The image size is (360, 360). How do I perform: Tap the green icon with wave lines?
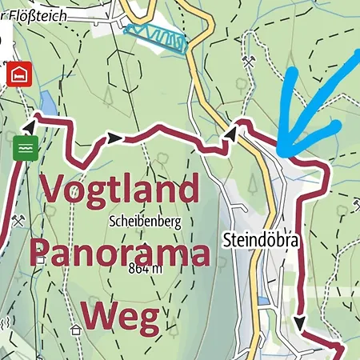[25, 149]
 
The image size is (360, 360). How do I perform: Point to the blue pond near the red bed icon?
[48, 102]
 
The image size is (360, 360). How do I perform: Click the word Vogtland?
[119, 190]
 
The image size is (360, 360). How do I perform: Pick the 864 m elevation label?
[144, 270]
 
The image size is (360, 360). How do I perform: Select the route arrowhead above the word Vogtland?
[115, 138]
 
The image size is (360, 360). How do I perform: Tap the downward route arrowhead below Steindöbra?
[299, 323]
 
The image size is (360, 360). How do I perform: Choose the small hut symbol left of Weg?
[76, 329]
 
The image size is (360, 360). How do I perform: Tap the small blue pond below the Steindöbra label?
[265, 301]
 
